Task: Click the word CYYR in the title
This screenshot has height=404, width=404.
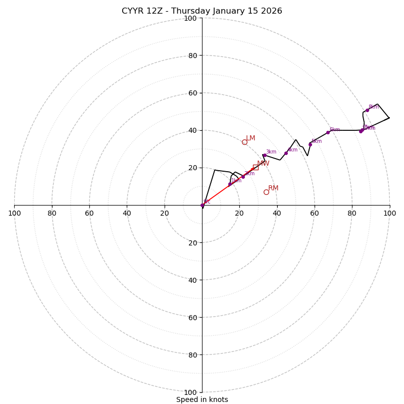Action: pos(133,11)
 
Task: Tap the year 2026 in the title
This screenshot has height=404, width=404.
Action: pos(272,11)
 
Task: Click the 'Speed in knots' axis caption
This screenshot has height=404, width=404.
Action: pos(202,399)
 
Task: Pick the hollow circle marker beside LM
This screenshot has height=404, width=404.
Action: pos(244,142)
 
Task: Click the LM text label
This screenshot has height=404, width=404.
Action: pos(250,138)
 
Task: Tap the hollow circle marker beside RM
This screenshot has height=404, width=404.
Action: pos(266,192)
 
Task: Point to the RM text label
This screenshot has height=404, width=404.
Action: pos(273,188)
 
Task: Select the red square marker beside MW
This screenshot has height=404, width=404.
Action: pos(256,167)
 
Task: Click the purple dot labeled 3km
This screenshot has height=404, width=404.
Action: pos(264,156)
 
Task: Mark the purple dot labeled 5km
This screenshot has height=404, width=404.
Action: pos(310,144)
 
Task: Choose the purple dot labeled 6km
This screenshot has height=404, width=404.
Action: pos(328,132)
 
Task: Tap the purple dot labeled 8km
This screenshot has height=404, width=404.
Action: pos(367,110)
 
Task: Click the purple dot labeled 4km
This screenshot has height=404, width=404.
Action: pos(286,153)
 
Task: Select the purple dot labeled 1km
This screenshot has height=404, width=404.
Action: pos(230,184)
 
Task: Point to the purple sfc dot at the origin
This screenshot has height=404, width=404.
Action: pos(202,205)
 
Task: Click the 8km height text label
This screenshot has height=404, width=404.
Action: pos(374,107)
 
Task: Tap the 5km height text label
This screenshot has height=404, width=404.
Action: pos(317,141)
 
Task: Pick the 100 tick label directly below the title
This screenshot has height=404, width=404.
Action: pos(190,18)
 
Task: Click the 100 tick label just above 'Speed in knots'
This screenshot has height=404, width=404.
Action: pos(190,392)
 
